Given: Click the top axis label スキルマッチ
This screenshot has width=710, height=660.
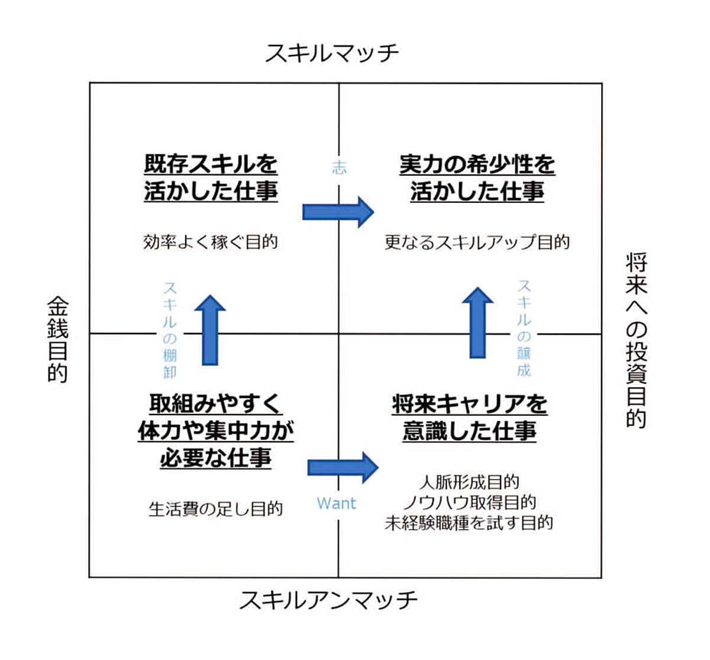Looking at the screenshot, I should click(x=331, y=53).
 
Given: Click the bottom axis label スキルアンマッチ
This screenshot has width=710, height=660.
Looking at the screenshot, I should click(x=328, y=600).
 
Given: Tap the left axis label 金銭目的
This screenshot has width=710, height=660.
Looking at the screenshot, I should click(x=57, y=339).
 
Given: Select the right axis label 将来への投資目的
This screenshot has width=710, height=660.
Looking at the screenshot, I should click(x=636, y=340).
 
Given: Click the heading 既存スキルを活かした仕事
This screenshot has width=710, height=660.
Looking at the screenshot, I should click(x=211, y=177).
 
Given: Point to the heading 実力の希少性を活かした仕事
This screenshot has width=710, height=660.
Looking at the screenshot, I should click(x=477, y=177).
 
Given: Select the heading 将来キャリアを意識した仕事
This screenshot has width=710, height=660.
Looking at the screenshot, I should click(x=469, y=418).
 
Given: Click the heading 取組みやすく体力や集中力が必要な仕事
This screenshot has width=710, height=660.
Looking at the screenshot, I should click(x=215, y=431).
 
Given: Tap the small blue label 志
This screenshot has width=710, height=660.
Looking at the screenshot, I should click(x=339, y=167).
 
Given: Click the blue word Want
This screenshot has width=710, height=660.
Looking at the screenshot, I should click(x=337, y=503).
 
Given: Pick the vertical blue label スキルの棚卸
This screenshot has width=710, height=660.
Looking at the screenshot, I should click(x=170, y=329).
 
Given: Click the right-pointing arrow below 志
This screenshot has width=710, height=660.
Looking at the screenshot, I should click(x=338, y=212).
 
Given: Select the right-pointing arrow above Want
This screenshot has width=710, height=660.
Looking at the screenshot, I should click(x=343, y=467).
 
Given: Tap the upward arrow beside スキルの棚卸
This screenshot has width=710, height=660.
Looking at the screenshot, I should click(x=210, y=329).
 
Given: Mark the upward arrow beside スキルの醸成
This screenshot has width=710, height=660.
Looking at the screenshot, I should click(x=477, y=323).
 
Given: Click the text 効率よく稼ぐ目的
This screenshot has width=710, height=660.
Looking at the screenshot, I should click(x=210, y=242).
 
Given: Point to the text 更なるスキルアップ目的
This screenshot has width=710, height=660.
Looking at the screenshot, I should click(x=477, y=242).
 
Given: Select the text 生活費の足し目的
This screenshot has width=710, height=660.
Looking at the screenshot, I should click(x=215, y=509).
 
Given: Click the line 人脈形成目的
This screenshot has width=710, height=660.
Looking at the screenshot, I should click(x=469, y=482).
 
